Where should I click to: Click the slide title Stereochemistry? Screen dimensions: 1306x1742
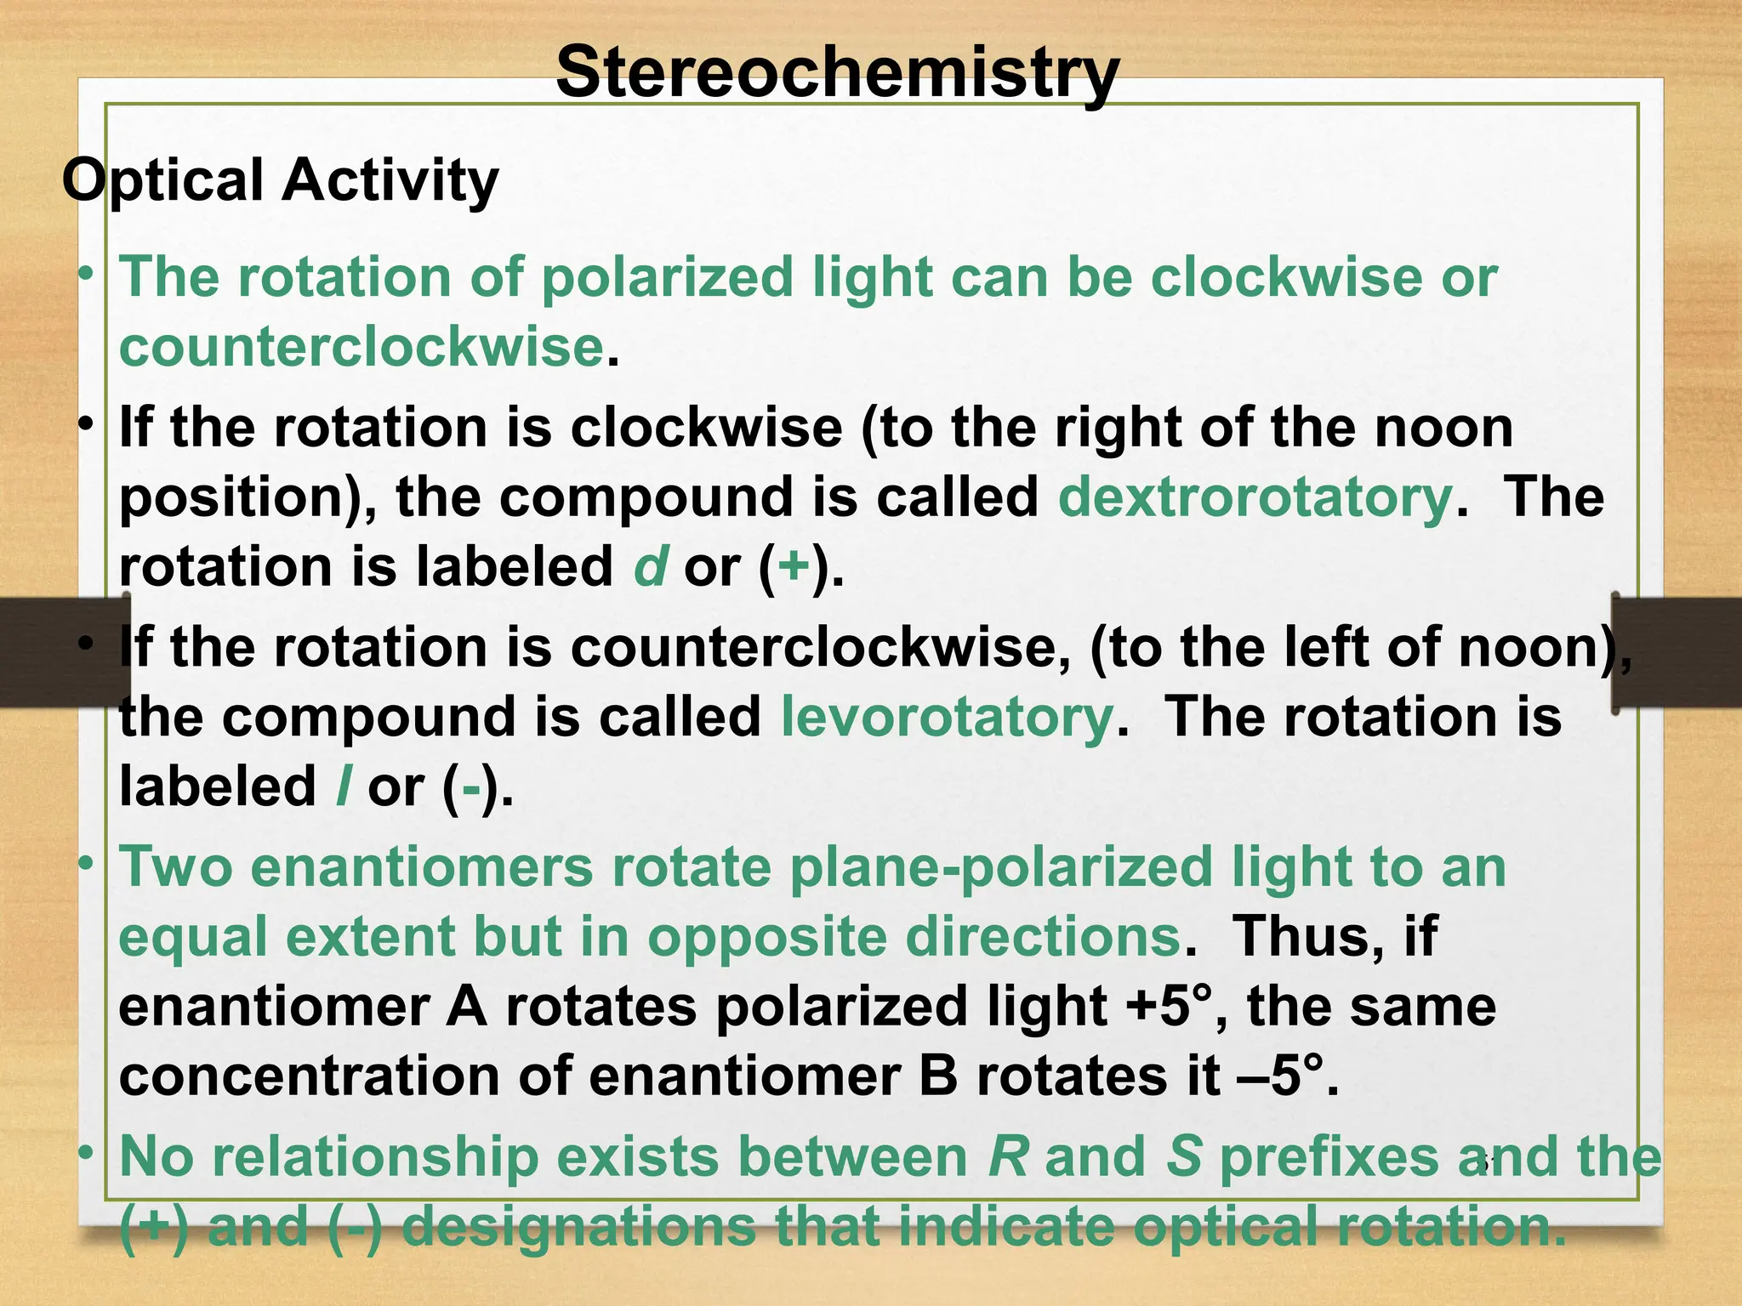(x=837, y=73)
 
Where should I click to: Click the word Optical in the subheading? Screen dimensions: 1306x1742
(x=162, y=181)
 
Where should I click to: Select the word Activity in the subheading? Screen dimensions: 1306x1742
(x=390, y=181)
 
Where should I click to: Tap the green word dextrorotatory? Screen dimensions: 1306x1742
(x=1255, y=497)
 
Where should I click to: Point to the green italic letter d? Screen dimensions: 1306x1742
(x=651, y=566)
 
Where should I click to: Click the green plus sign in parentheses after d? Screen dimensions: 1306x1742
(x=793, y=566)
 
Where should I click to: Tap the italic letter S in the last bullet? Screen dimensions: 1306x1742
(x=1184, y=1157)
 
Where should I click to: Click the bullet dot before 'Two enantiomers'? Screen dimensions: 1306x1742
(x=85, y=864)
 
